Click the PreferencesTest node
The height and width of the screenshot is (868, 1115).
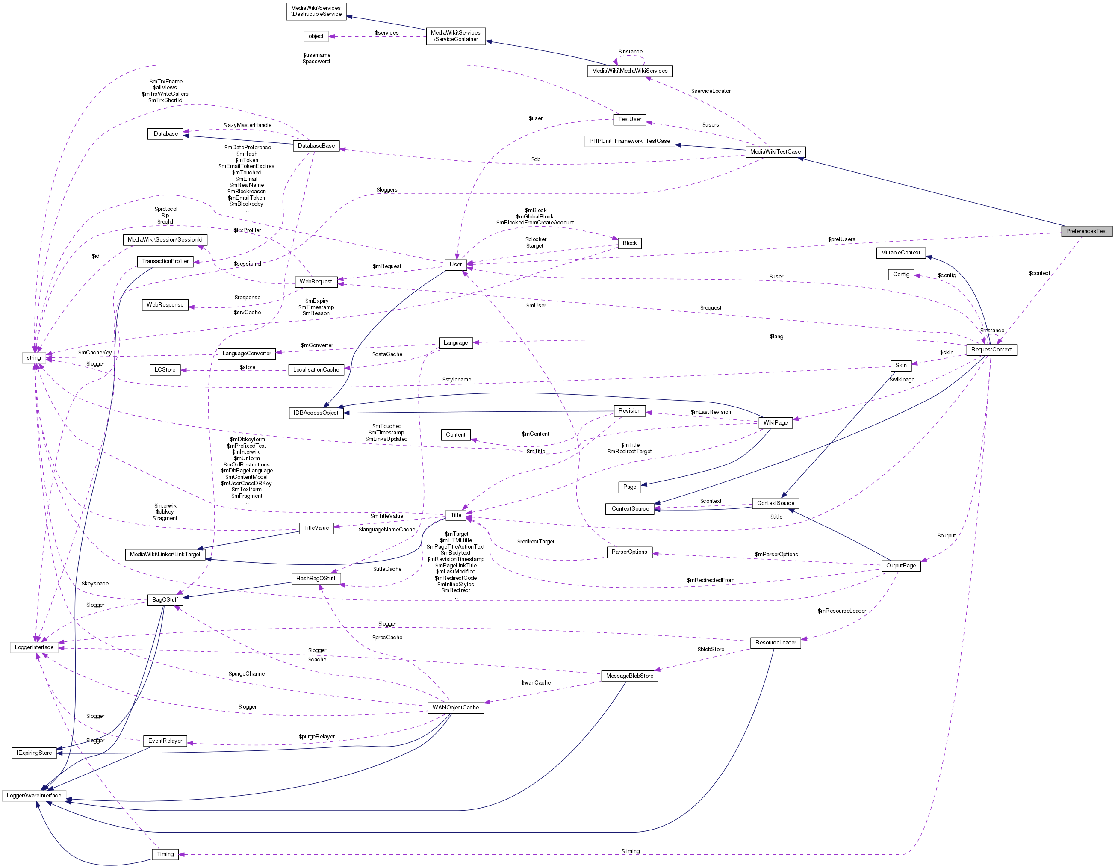click(1086, 231)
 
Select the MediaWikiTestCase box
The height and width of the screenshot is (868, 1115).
click(775, 152)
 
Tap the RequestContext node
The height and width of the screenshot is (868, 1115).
click(991, 350)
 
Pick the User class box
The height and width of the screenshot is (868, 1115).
click(455, 265)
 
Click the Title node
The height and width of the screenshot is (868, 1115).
click(456, 515)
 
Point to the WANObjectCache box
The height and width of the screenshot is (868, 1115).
click(455, 708)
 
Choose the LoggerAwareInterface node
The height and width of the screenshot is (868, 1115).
click(34, 795)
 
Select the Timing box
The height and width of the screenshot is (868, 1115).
click(165, 854)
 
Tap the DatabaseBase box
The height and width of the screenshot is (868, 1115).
click(316, 145)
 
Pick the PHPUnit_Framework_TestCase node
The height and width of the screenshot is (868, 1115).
click(629, 141)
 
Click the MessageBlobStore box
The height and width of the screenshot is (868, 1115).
click(629, 676)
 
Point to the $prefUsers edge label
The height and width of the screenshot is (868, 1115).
click(841, 239)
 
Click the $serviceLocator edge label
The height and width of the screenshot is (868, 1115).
click(711, 91)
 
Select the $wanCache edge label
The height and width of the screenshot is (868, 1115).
click(536, 683)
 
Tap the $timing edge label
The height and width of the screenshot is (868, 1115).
click(631, 851)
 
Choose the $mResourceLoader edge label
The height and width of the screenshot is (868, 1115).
click(841, 611)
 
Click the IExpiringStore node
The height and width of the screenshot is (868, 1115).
click(34, 753)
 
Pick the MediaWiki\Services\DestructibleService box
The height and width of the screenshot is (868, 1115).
click(316, 11)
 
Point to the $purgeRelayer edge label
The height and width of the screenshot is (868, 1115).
click(316, 736)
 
